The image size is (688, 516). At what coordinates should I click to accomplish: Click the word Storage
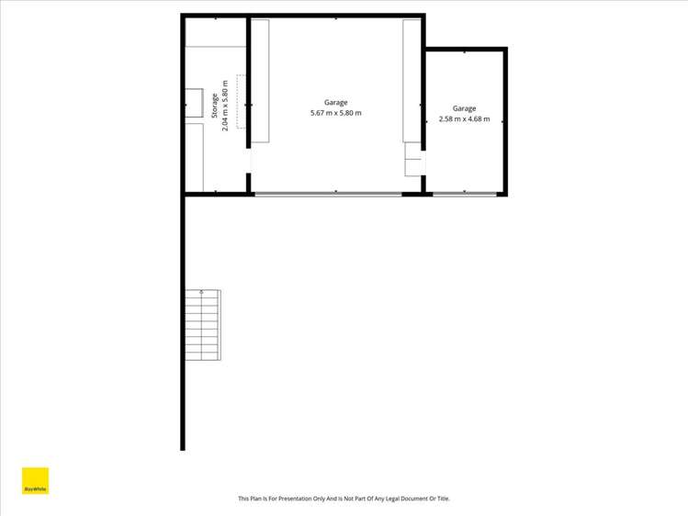click(x=215, y=106)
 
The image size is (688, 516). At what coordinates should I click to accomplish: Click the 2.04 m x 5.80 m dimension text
click(x=226, y=106)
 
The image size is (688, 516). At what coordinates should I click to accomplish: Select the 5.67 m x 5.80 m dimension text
click(x=335, y=114)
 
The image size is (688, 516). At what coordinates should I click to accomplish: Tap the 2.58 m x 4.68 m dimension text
click(x=464, y=119)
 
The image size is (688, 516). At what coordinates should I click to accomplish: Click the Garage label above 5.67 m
click(x=335, y=103)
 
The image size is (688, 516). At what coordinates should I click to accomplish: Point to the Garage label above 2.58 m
click(x=464, y=108)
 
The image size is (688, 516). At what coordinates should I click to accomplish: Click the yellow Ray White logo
click(x=35, y=482)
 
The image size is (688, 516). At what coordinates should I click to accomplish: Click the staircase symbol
click(x=203, y=326)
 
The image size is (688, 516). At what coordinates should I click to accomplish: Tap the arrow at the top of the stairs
click(x=202, y=293)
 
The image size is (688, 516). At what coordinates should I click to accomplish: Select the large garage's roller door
click(x=327, y=193)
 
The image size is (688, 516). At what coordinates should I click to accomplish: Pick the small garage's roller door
click(x=465, y=193)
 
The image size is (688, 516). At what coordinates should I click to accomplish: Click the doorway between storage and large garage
click(x=248, y=162)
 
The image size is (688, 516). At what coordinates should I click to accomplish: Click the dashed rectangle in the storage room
click(x=242, y=101)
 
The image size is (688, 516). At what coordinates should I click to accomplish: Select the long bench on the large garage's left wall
click(x=260, y=81)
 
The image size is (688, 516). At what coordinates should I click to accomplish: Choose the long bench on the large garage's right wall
click(x=411, y=81)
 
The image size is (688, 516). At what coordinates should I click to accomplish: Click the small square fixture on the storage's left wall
click(x=195, y=104)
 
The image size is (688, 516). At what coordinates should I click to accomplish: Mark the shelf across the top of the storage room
click(x=215, y=32)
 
